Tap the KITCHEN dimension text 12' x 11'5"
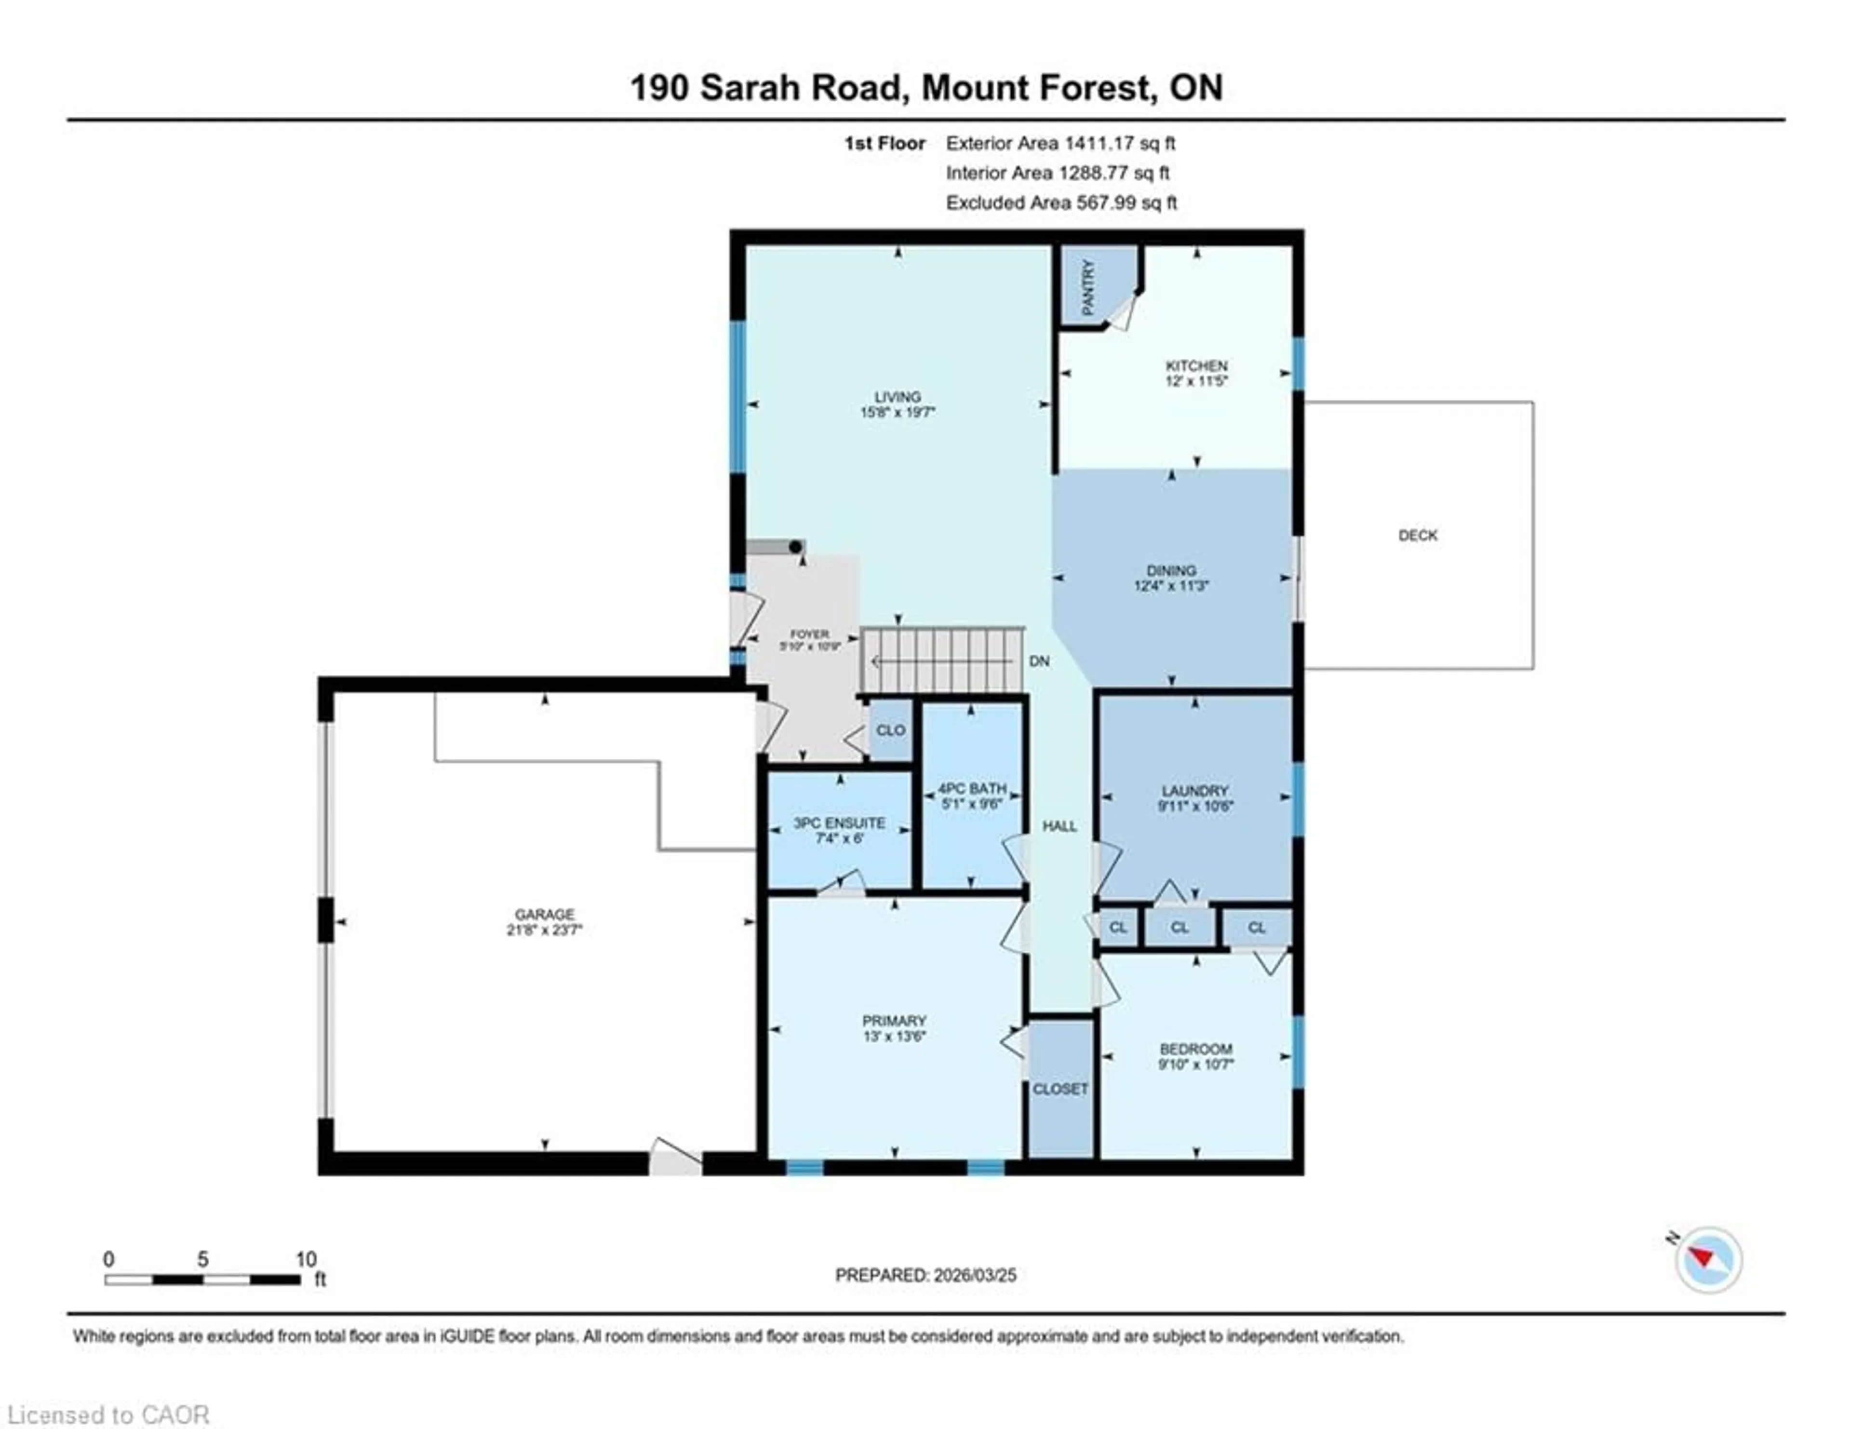click(x=1196, y=381)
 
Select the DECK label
click(x=1417, y=535)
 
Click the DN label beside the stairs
click(x=1039, y=661)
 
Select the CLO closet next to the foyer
click(x=890, y=730)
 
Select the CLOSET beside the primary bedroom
click(x=1060, y=1088)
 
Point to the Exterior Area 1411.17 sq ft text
click(x=1060, y=143)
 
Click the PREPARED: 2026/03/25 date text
click(x=925, y=1275)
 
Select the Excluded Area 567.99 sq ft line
click(x=1061, y=202)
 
